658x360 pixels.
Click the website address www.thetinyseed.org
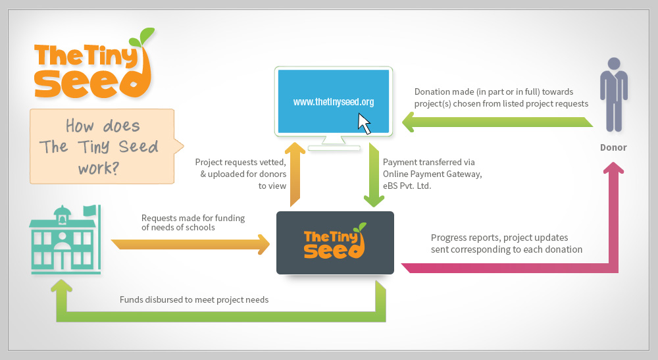tap(334, 102)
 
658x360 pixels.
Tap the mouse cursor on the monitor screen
tap(364, 124)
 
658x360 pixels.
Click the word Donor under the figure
tap(613, 147)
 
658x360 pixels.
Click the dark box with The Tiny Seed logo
tap(335, 242)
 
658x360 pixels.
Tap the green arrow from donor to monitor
tap(493, 122)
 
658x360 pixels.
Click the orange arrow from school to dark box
tap(191, 244)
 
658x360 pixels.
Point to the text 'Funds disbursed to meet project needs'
tap(194, 299)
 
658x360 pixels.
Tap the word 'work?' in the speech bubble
tap(99, 167)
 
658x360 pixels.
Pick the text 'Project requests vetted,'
tap(240, 162)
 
